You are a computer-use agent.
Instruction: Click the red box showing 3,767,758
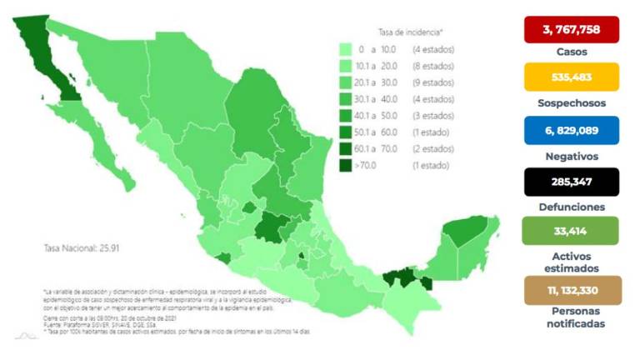pos(571,29)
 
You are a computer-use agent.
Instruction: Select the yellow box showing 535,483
pos(571,79)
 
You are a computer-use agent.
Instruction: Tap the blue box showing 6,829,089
pos(571,131)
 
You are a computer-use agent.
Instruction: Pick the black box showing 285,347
pos(571,181)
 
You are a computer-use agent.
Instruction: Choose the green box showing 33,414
pos(571,230)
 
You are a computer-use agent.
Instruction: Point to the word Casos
pos(571,52)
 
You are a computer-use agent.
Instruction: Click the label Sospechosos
pos(571,103)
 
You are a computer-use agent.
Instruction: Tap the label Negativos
pos(571,155)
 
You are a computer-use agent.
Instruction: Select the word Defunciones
pos(571,206)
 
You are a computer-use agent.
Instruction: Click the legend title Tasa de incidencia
pos(410,32)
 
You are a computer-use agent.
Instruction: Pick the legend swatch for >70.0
pos(344,165)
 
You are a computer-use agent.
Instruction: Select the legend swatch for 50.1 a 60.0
pos(344,132)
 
